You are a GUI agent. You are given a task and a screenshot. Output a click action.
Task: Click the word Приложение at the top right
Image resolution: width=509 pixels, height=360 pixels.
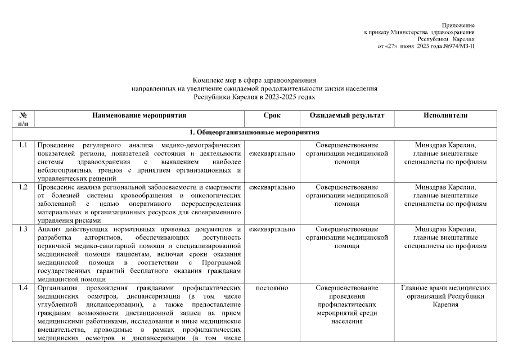point(458,25)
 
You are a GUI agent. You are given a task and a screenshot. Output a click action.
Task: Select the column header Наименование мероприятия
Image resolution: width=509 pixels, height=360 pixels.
point(139,115)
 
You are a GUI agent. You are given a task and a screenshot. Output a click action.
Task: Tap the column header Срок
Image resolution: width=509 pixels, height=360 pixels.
point(272,115)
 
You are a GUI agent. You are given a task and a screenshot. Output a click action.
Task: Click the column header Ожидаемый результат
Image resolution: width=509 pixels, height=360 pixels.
point(346,115)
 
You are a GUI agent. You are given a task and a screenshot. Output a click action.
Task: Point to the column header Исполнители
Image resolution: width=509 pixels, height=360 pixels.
point(445,115)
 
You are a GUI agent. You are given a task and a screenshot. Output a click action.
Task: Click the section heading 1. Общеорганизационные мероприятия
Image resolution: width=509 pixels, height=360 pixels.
point(254,133)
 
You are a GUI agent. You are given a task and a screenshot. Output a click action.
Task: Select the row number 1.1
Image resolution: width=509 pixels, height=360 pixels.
point(23,146)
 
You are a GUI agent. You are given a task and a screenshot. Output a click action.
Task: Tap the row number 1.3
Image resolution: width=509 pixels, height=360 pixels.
point(23,229)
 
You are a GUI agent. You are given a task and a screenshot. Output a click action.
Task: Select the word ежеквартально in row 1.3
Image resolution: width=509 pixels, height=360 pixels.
point(272,229)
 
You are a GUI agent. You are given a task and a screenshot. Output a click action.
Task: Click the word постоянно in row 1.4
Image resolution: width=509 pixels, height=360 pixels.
point(272,288)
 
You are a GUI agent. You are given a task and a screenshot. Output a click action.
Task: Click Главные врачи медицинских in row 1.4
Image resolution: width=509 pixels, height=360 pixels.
point(445,288)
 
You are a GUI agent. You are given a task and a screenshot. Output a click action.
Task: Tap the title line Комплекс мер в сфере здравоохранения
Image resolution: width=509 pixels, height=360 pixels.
point(254,81)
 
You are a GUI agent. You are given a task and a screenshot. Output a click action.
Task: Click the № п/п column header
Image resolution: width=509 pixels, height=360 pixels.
point(23,119)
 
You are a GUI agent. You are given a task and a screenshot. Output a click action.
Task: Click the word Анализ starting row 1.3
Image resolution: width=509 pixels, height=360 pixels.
point(48,229)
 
